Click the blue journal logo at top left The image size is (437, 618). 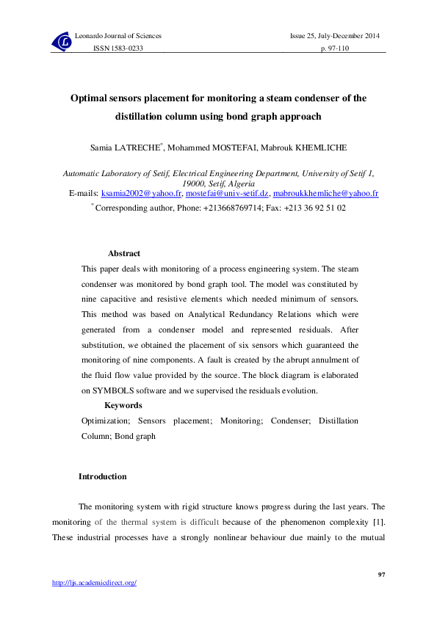pos(62,43)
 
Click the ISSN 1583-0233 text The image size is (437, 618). pos(117,48)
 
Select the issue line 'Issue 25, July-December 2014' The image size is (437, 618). pos(336,36)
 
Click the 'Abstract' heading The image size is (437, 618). pos(123,254)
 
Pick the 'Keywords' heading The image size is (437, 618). pos(123,405)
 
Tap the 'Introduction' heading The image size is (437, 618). pos(102,477)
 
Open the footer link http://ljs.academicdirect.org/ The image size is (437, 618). pos(94,583)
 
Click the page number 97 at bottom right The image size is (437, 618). pos(381,574)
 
